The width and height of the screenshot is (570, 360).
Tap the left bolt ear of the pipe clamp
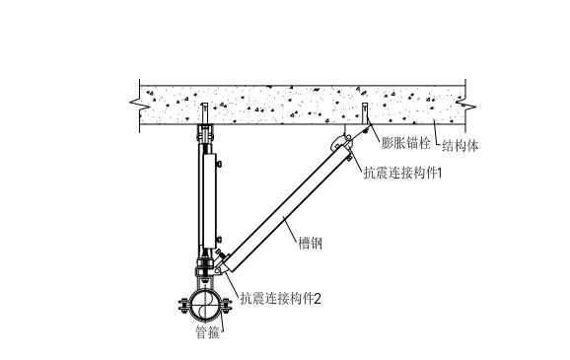[x=184, y=302]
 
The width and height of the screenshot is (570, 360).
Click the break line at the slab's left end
[x=135, y=100]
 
